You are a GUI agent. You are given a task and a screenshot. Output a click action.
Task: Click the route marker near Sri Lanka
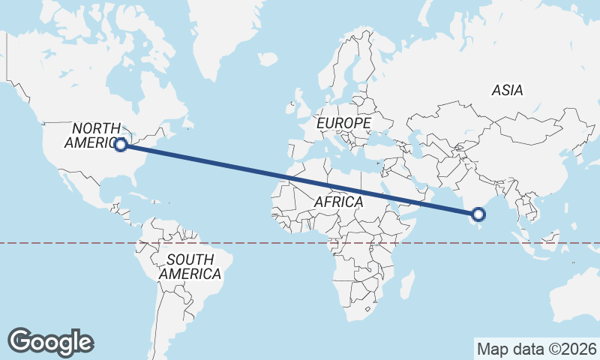478,215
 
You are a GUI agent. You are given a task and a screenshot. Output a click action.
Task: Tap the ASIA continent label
507,90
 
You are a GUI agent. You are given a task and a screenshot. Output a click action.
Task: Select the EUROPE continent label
343,122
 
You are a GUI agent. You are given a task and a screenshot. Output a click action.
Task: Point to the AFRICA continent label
338,202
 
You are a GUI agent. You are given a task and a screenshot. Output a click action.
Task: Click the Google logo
50,342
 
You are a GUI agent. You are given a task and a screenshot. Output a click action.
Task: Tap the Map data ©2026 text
537,349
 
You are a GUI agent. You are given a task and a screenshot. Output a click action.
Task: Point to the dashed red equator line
75,243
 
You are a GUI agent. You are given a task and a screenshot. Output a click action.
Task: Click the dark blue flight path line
300,181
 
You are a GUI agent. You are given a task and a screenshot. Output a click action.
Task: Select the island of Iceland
267,58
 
